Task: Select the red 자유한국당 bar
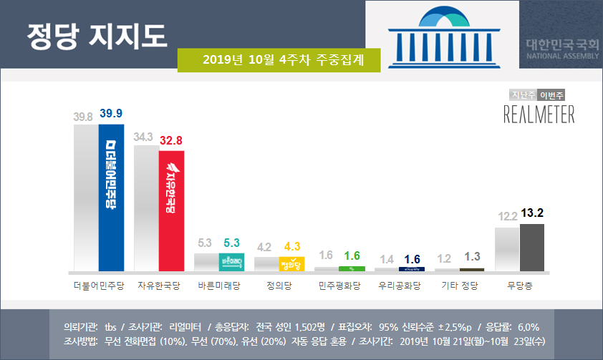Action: (171, 211)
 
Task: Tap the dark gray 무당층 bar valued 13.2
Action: (531, 248)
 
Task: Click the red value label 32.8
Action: (172, 140)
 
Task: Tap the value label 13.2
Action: (531, 213)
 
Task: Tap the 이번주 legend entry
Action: (551, 94)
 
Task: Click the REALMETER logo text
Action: (539, 114)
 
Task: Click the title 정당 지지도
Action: (96, 34)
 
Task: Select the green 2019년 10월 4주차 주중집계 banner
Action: (279, 60)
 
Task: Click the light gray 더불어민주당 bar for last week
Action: (86, 197)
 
